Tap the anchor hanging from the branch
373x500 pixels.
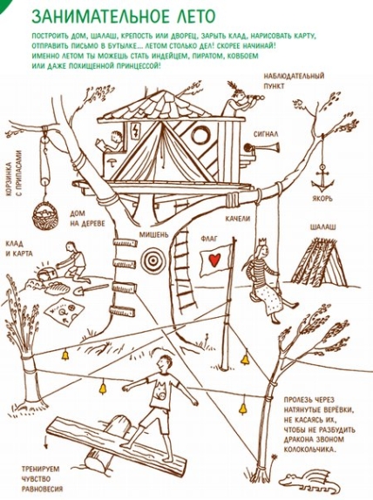(322, 179)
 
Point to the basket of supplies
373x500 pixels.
(45, 216)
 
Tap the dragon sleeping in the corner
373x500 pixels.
(307, 480)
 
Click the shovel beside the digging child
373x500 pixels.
(91, 289)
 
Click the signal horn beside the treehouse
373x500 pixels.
(261, 147)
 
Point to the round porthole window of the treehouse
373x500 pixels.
(200, 136)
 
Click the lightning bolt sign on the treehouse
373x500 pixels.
(136, 131)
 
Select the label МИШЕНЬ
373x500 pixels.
(153, 234)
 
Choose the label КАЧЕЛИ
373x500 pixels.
(238, 219)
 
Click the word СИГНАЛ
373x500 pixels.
(266, 134)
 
